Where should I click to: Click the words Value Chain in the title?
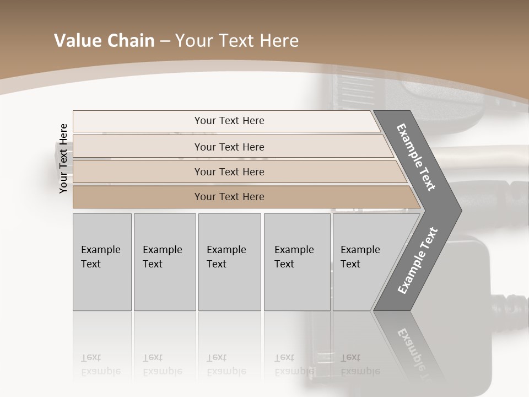pos(104,41)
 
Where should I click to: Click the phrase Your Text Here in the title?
pos(237,41)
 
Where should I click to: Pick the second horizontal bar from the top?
pos(229,147)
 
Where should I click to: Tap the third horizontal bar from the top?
pos(229,171)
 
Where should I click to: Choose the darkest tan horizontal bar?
pos(229,197)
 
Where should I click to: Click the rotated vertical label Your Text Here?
pos(63,158)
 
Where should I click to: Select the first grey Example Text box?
pos(102,262)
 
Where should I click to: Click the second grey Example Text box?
pos(164,262)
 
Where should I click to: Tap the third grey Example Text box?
pos(229,262)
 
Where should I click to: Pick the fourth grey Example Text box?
pos(297,262)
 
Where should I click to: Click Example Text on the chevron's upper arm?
pos(416,157)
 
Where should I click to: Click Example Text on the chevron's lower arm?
pos(418,260)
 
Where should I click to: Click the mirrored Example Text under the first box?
pos(100,364)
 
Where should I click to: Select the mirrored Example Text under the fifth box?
pos(360,364)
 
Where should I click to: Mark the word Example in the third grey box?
pos(226,250)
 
